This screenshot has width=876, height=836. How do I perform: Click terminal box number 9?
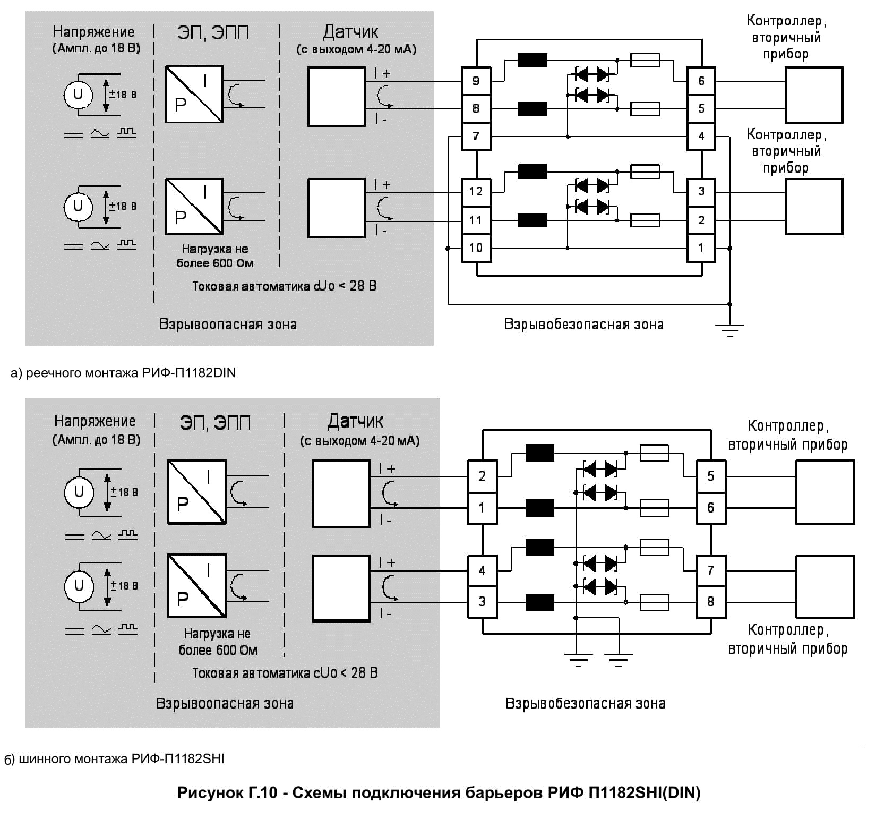click(476, 81)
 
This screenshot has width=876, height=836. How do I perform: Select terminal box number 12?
click(476, 191)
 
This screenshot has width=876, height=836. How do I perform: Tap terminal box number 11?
click(476, 220)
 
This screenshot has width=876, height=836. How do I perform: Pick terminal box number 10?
click(476, 248)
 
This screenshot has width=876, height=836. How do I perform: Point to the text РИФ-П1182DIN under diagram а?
click(188, 373)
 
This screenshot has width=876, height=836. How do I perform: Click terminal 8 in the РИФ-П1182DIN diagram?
click(476, 109)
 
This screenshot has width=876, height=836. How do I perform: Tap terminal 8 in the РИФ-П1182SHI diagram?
click(711, 602)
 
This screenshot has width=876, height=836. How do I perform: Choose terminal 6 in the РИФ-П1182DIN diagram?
click(701, 81)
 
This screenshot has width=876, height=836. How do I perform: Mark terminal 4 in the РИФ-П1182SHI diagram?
click(482, 571)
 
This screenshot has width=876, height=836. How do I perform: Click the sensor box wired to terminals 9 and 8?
click(337, 96)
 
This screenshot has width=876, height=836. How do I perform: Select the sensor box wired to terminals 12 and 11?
click(337, 208)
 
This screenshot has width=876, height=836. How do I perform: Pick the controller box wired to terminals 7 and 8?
click(825, 587)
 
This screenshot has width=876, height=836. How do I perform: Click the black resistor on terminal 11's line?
click(532, 220)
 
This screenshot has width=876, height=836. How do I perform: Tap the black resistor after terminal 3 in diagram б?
click(539, 602)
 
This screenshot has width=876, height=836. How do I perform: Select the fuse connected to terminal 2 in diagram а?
click(645, 220)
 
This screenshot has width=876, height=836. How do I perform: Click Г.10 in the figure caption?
click(262, 793)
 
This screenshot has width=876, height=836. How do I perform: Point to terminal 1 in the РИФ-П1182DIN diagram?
click(701, 248)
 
